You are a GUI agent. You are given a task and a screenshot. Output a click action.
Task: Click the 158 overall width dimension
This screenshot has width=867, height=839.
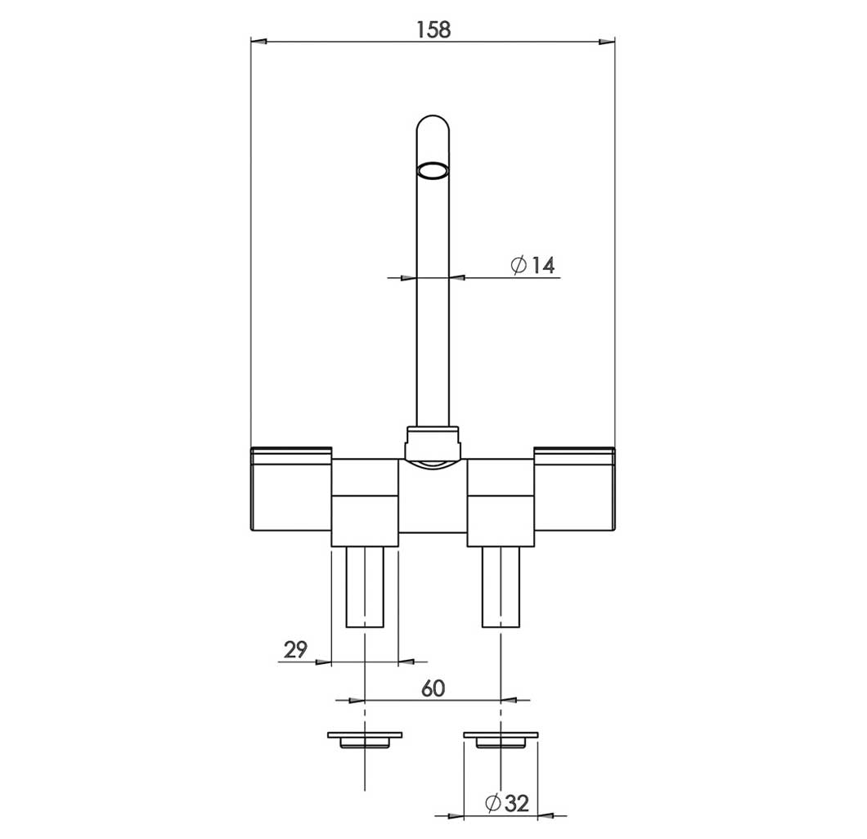(x=433, y=29)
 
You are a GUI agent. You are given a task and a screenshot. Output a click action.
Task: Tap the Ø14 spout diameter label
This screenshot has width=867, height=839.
(x=532, y=265)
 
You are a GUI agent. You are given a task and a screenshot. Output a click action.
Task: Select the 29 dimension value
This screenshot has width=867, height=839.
(x=295, y=649)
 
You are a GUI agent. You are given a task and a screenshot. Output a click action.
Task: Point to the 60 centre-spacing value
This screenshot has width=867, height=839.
(x=433, y=689)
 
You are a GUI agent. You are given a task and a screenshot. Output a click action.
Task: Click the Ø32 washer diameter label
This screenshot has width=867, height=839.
(x=507, y=802)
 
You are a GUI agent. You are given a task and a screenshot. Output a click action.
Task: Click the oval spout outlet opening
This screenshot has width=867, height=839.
(x=433, y=171)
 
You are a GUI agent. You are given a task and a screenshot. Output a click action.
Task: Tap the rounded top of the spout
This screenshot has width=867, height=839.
(x=433, y=123)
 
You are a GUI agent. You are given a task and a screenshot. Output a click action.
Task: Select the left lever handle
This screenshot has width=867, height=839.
(x=291, y=489)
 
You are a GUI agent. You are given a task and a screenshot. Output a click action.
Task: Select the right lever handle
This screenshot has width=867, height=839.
(x=574, y=489)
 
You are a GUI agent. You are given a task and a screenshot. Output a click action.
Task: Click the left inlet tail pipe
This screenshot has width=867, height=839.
(x=365, y=587)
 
